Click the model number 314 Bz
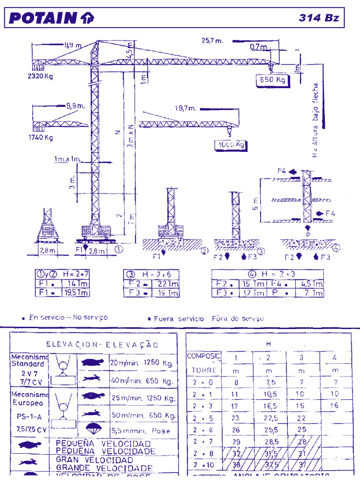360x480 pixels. point(319,18)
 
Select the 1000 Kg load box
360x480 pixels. point(231,145)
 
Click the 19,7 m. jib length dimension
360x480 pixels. point(186,108)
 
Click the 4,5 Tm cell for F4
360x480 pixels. point(311,284)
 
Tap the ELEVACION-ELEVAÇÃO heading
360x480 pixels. point(102,345)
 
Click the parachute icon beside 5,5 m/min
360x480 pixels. point(92,429)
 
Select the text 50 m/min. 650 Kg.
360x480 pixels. point(143,415)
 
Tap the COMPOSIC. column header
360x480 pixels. point(203,356)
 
